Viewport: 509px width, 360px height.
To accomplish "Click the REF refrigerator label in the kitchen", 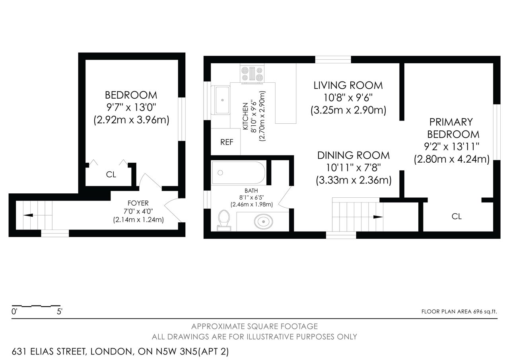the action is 227,142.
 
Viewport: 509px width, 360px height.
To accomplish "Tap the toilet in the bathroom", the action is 224,220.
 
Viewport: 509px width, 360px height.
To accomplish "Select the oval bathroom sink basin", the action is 263,221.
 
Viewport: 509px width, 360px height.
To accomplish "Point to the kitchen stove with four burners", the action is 252,74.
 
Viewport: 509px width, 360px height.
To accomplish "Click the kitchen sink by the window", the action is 222,100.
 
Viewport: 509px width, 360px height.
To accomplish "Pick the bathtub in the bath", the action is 238,173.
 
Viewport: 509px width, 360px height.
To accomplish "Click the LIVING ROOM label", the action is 348,86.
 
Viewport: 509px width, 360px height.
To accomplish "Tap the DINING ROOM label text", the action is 354,156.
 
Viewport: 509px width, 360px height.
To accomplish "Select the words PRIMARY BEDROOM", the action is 453,128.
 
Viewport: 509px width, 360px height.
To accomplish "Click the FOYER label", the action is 138,203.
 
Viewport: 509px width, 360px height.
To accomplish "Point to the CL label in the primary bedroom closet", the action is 457,216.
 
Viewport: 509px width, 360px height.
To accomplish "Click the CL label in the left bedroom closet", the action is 111,175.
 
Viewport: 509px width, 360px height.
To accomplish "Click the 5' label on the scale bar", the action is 60,311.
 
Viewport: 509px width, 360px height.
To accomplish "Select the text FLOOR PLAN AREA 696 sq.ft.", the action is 459,311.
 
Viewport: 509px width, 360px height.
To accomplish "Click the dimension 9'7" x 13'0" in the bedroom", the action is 131,107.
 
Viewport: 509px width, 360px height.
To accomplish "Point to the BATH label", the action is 251,191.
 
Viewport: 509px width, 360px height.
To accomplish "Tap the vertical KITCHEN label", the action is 245,116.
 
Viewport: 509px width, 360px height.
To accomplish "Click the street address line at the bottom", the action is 120,351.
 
